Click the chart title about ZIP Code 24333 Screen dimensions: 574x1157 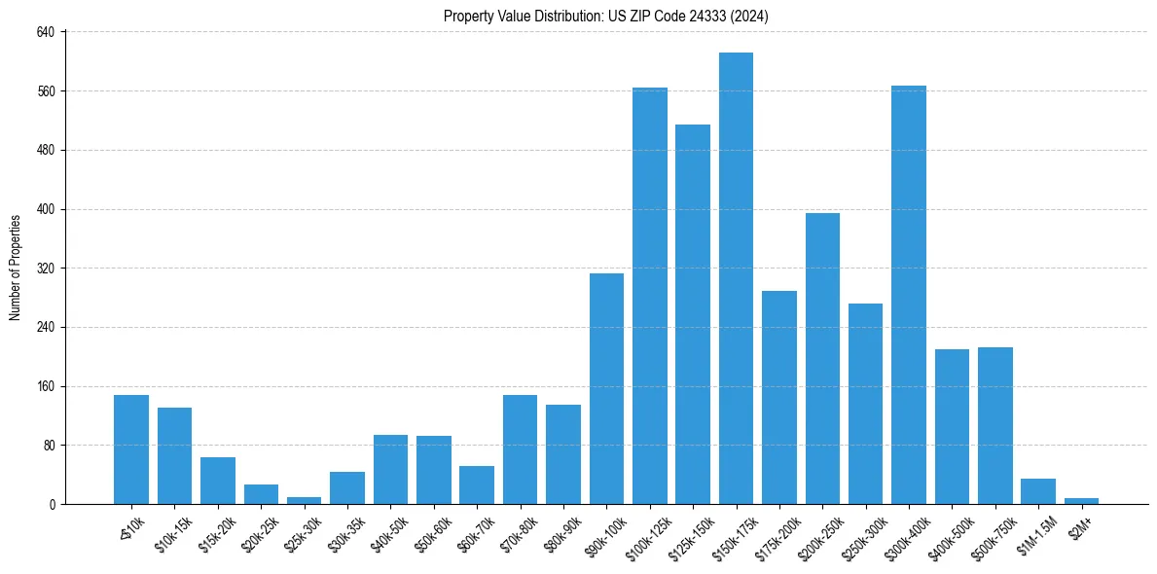click(606, 17)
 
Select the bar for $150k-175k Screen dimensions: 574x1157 click(736, 278)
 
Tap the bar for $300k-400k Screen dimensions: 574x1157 click(909, 295)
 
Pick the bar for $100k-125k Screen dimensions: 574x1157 click(650, 296)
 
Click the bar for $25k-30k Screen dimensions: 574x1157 click(304, 500)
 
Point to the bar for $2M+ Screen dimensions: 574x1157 click(1081, 501)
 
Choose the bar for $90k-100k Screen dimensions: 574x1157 click(606, 388)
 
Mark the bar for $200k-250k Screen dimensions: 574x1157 click(822, 358)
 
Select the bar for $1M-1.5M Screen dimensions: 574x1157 click(1038, 491)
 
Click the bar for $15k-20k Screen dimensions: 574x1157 click(218, 481)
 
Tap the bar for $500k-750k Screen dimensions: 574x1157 click(995, 425)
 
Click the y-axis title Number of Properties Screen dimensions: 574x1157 click(16, 268)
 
